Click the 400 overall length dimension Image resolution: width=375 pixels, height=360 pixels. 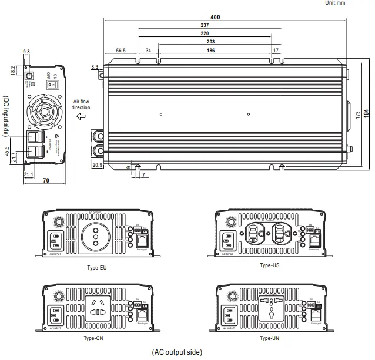(215, 18)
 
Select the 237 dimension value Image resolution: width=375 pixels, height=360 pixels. (204, 26)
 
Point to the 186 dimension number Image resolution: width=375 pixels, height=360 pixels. (210, 51)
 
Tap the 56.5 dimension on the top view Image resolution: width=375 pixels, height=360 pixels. (121, 51)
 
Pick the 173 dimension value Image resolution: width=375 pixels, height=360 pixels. (358, 113)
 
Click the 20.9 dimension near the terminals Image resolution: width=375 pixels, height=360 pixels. (98, 166)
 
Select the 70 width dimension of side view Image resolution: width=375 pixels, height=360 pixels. (46, 181)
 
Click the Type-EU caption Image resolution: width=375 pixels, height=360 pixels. (95, 268)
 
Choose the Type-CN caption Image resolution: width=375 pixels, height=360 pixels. (95, 338)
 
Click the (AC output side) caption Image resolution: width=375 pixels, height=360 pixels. (177, 352)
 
